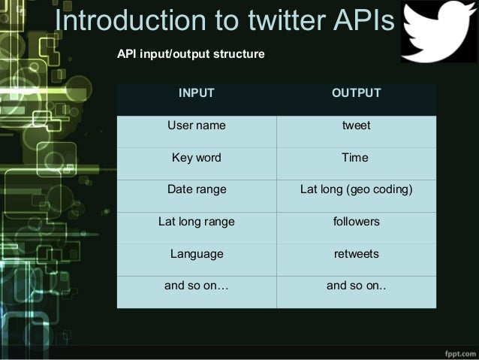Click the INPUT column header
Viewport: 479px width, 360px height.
(x=197, y=93)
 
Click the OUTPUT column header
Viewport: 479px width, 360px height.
(x=356, y=93)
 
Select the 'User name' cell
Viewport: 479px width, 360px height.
(x=197, y=126)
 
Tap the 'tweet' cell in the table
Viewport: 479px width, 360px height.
(x=356, y=126)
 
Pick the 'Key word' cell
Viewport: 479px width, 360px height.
(x=197, y=158)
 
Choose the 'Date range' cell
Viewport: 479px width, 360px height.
(x=197, y=190)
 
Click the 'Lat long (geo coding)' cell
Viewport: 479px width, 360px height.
(x=356, y=190)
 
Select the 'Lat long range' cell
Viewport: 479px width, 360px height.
(x=197, y=222)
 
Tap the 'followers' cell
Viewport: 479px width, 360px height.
(x=356, y=222)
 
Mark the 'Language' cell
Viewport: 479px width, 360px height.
(x=197, y=254)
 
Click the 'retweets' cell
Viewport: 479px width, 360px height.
(x=356, y=254)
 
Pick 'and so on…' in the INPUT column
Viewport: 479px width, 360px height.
(x=197, y=286)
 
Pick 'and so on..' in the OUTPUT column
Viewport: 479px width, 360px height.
(x=356, y=286)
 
